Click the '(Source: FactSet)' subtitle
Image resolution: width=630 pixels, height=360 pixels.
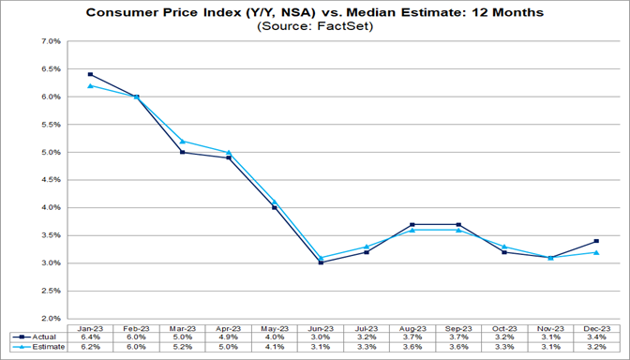pos(314,27)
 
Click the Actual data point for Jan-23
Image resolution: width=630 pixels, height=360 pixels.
pos(90,75)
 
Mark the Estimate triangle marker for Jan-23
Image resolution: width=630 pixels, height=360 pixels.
pos(90,86)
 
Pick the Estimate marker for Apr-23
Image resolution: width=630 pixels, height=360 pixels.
pos(230,152)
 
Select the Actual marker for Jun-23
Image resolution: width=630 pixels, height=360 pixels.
pos(321,262)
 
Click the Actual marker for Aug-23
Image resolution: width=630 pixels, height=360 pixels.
pos(412,224)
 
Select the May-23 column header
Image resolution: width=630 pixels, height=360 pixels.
pos(275,326)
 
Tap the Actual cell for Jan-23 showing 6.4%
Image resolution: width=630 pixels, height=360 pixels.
pos(90,337)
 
